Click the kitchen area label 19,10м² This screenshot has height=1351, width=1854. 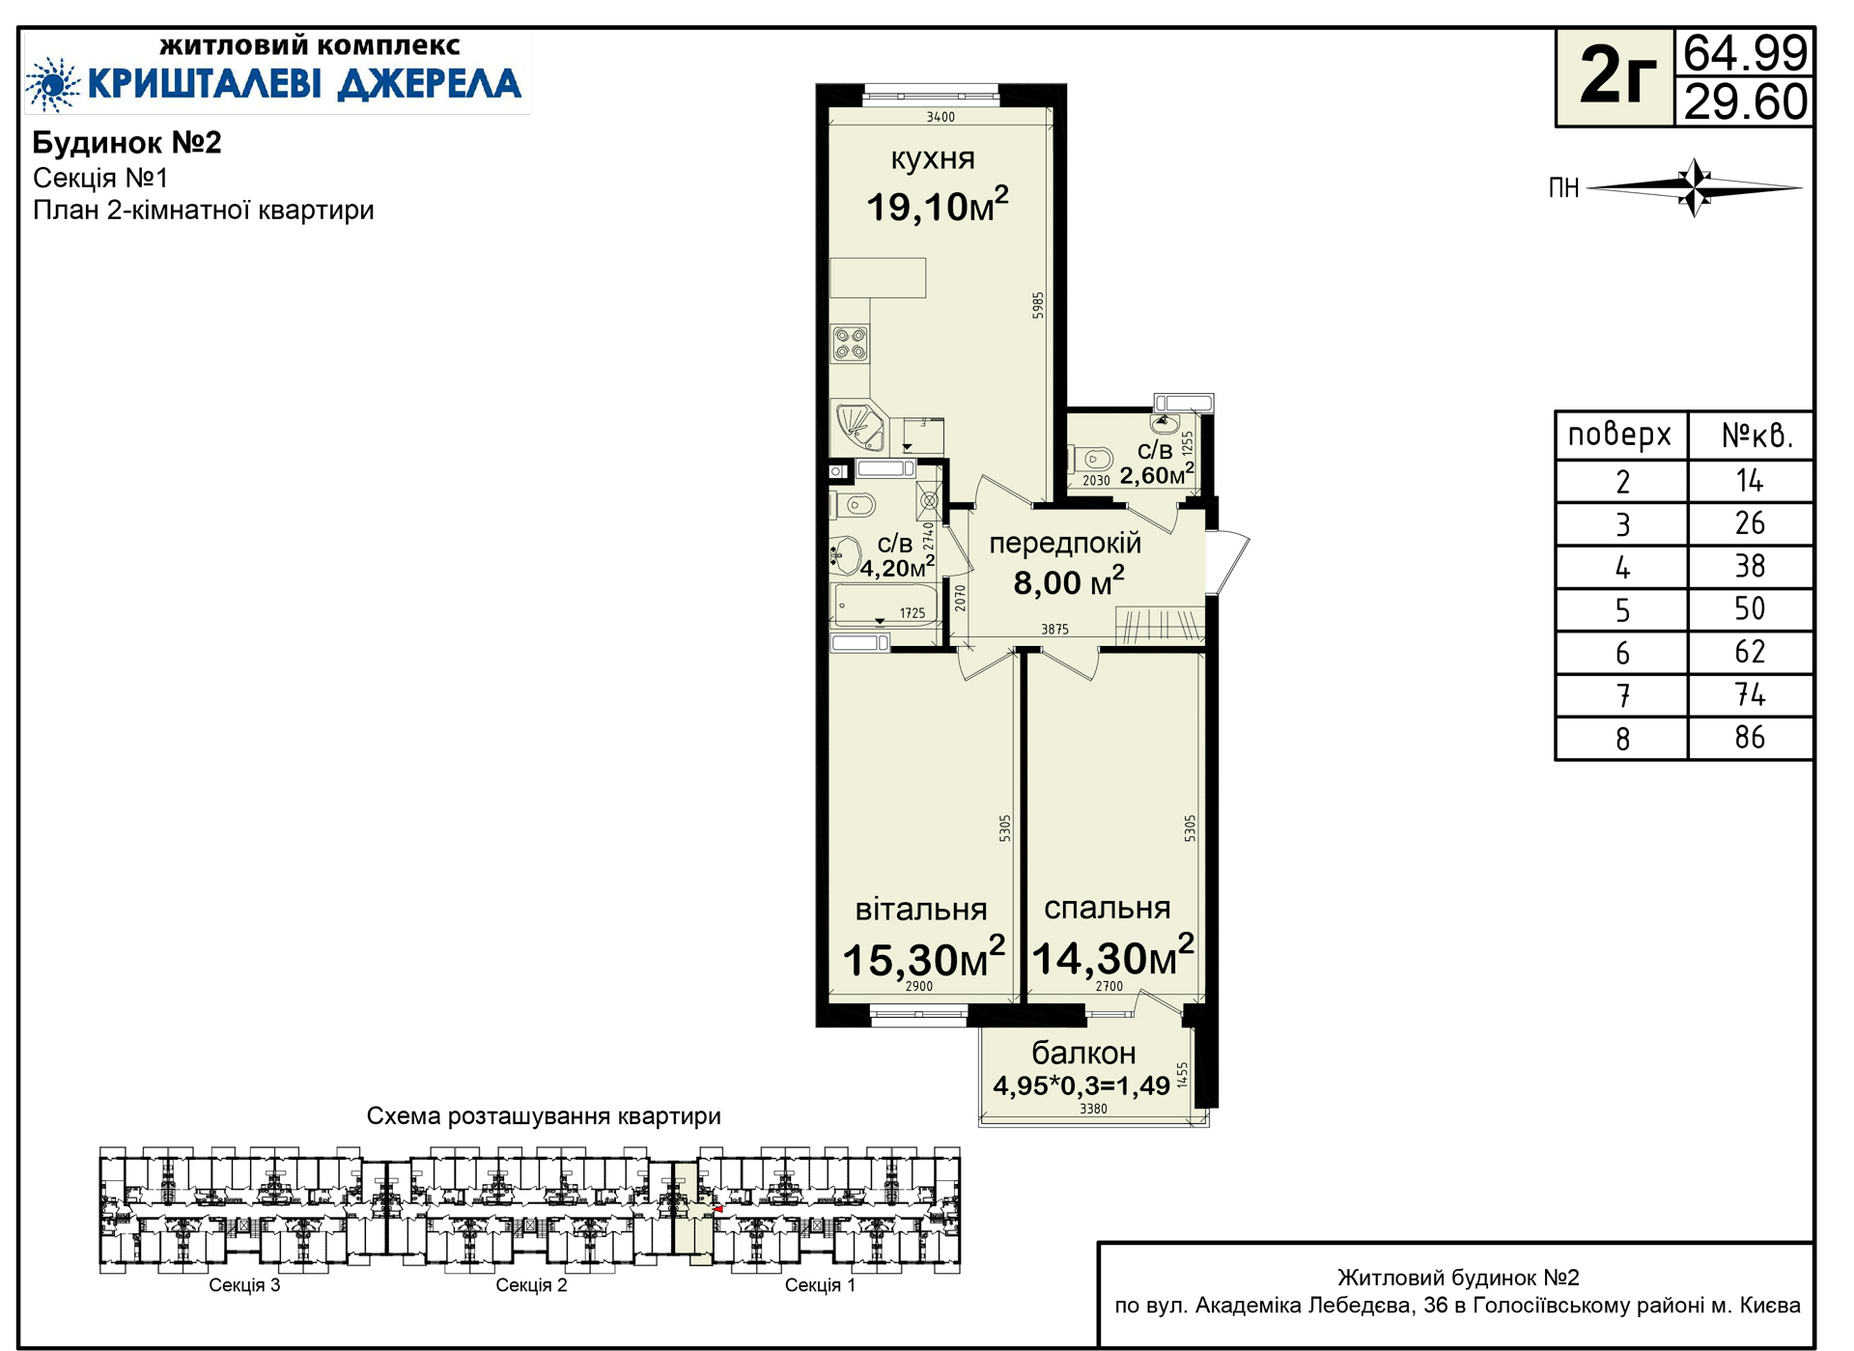[937, 205]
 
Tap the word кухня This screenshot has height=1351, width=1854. [933, 159]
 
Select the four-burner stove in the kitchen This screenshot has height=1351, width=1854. [851, 344]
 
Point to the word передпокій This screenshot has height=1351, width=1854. [1065, 545]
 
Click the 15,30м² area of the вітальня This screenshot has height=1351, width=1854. [924, 957]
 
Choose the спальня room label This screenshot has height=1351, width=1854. [1107, 908]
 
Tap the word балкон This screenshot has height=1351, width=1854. [1083, 1053]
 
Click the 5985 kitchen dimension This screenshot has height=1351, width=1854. [1038, 305]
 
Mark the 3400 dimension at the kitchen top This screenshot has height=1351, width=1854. [941, 117]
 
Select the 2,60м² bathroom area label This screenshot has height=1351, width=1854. [1157, 474]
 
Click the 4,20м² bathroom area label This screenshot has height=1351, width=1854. [897, 566]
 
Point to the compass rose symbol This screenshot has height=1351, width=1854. [1695, 187]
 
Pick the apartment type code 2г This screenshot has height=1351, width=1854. [1616, 77]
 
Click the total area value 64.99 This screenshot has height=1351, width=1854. [1745, 53]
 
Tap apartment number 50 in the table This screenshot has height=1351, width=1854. [1750, 609]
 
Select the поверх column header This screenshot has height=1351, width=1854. [1619, 436]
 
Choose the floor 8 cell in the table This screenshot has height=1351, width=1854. [1623, 739]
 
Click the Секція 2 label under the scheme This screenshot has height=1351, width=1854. [531, 1285]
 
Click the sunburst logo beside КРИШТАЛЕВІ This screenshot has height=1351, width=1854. [52, 84]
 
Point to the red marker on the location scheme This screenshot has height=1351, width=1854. [717, 1209]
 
